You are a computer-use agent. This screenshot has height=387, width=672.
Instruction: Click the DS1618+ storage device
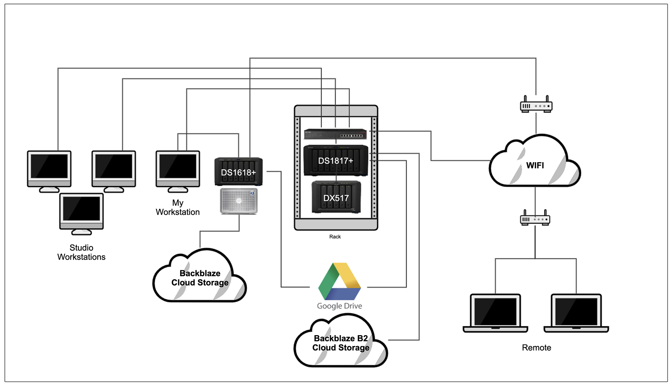coord(238,172)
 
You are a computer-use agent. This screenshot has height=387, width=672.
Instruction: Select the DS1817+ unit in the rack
coord(336,160)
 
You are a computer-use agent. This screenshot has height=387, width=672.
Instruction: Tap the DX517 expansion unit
coord(336,197)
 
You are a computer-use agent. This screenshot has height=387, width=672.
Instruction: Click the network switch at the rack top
coord(335,134)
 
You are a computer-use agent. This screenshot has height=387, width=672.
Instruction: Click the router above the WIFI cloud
coord(536,105)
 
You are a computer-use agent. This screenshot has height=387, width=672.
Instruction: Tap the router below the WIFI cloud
coord(535,219)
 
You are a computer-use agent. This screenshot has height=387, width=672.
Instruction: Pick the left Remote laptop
coord(495,313)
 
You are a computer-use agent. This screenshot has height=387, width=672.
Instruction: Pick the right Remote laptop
coord(576,313)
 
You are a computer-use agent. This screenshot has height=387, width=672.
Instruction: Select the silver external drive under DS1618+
coord(239,201)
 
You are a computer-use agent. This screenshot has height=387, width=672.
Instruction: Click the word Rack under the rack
coord(335,237)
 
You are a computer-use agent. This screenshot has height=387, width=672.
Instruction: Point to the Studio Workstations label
coord(81,252)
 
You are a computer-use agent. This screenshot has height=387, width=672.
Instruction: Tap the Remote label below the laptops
coord(536,347)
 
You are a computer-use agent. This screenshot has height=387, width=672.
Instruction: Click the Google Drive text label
coord(339,306)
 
